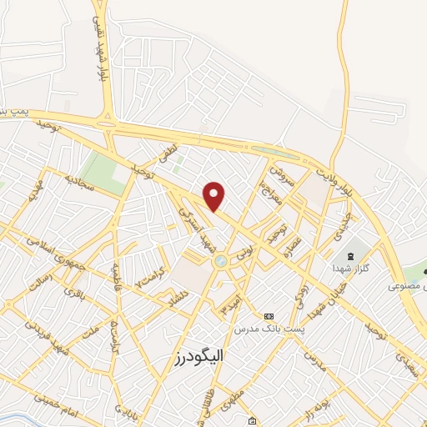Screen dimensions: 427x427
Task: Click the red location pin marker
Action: point(214,195)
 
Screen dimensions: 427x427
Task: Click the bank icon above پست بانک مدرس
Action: point(269,316)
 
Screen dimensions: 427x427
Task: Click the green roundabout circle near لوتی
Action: point(221,262)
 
